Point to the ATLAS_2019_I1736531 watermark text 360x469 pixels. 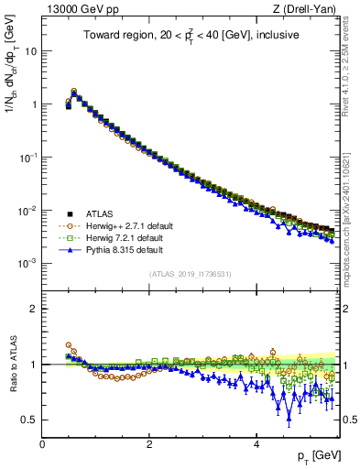[191, 274]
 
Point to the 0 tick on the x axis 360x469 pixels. [42, 443]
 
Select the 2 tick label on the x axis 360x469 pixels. [149, 443]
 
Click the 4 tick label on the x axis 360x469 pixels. [256, 443]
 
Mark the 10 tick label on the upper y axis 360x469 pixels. [29, 51]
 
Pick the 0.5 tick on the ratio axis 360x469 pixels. [27, 420]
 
